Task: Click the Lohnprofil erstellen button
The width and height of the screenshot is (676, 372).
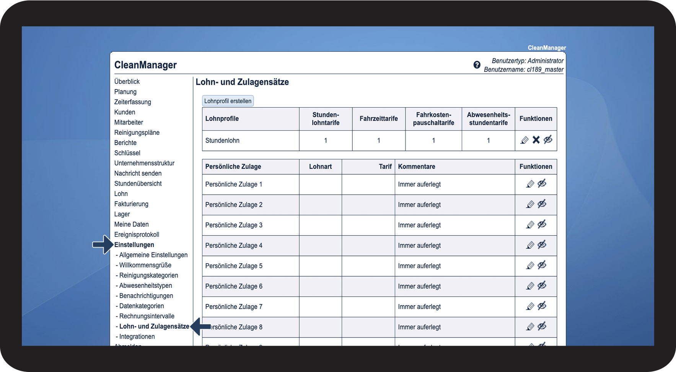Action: point(228,101)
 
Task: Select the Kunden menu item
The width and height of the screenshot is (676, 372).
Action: point(125,112)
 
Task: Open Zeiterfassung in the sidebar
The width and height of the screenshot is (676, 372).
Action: point(132,102)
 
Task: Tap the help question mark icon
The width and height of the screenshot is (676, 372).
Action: point(477,65)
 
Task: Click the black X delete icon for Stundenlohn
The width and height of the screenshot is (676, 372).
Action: point(536,140)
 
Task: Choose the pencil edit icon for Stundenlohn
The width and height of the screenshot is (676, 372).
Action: point(525,140)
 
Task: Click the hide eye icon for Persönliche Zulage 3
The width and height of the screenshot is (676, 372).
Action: point(542,225)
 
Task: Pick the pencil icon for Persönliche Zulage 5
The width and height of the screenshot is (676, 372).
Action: point(530,265)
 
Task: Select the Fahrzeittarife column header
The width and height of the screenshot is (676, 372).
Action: point(378,119)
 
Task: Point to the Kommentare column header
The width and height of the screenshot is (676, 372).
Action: point(416,167)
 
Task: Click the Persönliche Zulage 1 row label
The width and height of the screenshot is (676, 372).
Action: point(234,184)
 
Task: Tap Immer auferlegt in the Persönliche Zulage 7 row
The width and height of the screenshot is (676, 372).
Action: point(419,306)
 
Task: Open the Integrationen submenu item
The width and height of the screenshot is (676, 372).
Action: point(137,337)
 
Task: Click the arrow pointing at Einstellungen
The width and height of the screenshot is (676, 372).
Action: point(103,244)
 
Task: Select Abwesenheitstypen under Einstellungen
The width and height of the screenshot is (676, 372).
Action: point(145,286)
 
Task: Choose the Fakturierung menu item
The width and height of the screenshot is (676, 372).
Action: point(131,204)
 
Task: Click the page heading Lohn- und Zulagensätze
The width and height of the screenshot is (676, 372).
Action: point(242,82)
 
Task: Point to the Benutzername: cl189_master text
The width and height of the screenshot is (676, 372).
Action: point(523,70)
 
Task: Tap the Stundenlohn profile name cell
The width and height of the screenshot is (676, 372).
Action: point(222,141)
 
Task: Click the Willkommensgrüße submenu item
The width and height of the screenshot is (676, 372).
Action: point(145,265)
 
